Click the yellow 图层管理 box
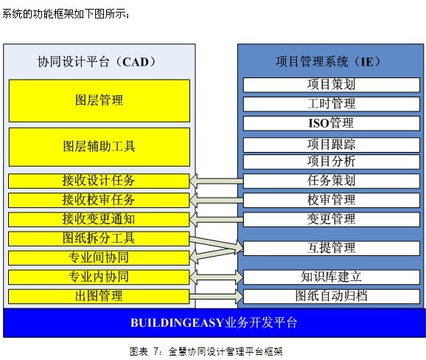[99, 100]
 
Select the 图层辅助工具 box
[99, 147]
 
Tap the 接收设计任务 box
[99, 181]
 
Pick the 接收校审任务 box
[99, 200]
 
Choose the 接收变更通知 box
[99, 219]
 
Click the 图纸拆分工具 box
[99, 239]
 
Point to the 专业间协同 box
[99, 257]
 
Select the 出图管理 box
[99, 297]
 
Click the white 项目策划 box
[332, 85]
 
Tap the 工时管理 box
[332, 104]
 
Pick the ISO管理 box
[332, 123]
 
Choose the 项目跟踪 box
[332, 145]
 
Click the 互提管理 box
[332, 248]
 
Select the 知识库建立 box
[332, 277]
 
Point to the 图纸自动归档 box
[332, 297]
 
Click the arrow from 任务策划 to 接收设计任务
[216, 181]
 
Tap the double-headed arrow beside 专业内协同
[216, 277]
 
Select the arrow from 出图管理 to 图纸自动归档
[216, 297]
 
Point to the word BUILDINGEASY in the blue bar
[177, 323]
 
